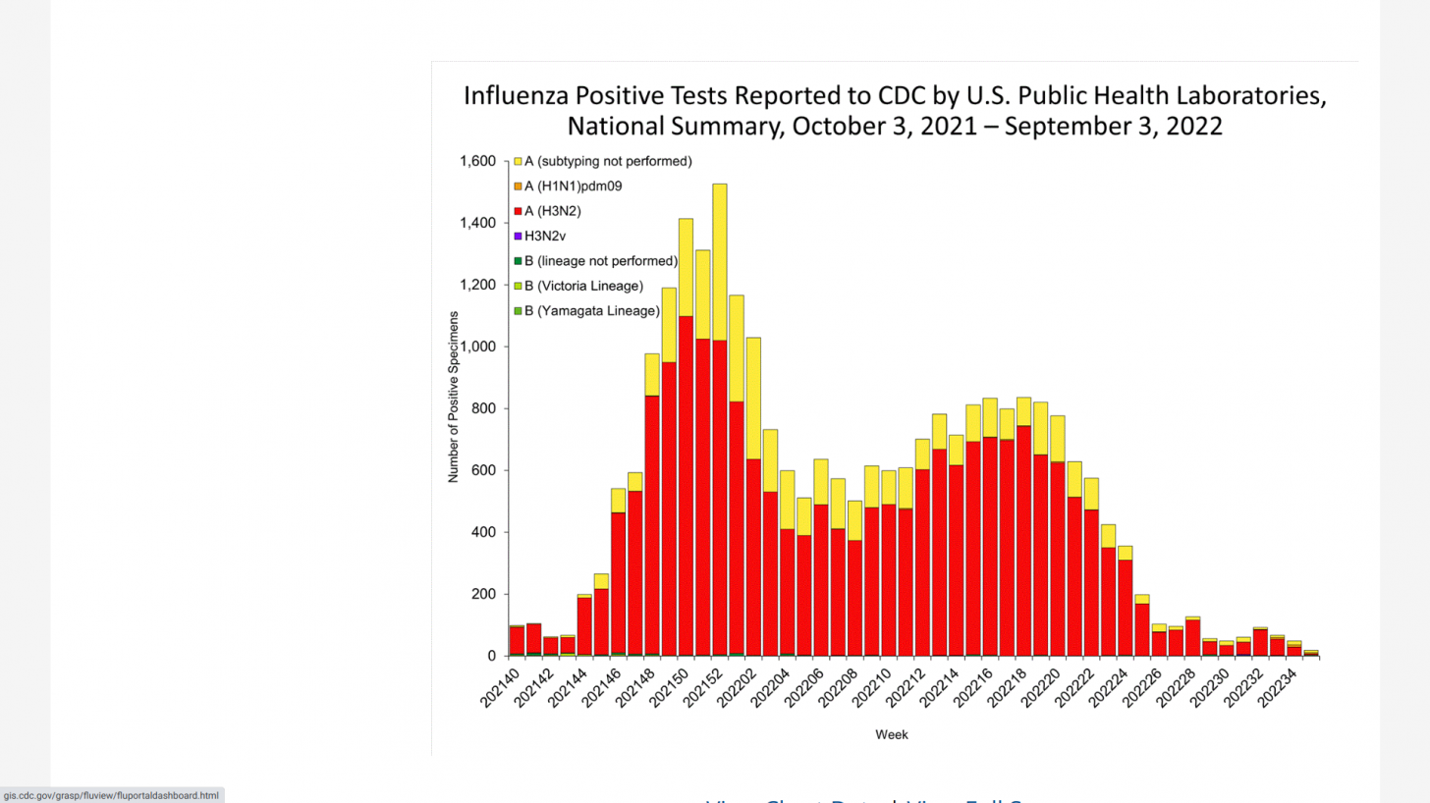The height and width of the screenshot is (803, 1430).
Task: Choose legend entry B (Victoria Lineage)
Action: coord(583,286)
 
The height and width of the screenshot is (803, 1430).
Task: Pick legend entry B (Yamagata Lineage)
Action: coord(591,311)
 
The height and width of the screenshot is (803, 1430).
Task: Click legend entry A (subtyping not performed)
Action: coord(608,161)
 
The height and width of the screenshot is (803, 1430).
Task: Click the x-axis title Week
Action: coord(892,734)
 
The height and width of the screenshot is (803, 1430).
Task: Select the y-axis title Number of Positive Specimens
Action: coord(454,398)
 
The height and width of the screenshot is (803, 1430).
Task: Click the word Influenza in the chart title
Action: coord(515,96)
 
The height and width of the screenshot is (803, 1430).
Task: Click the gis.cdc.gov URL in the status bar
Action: coord(111,795)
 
